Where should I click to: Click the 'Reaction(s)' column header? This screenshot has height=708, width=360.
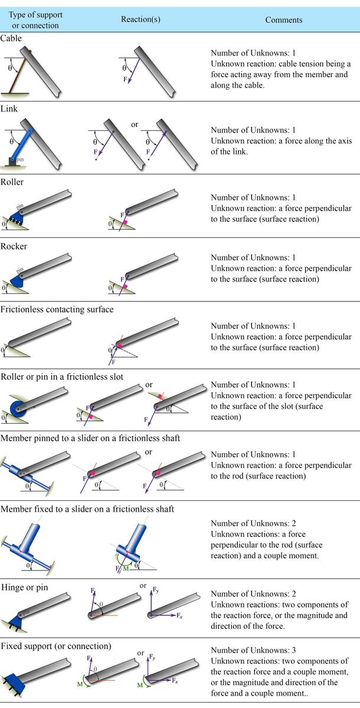[x=140, y=19]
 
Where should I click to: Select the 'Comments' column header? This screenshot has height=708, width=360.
[x=283, y=20]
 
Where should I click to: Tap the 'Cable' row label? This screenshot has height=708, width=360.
[x=11, y=38]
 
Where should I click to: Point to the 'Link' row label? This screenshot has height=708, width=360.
[x=9, y=109]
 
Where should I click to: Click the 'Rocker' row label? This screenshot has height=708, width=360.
[x=14, y=246]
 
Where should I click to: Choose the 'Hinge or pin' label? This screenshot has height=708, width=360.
[x=25, y=587]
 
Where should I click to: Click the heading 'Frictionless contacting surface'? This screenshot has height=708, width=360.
[x=57, y=309]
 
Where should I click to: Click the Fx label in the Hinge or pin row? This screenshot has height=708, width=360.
[x=179, y=616]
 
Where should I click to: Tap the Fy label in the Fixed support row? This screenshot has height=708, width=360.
[x=152, y=657]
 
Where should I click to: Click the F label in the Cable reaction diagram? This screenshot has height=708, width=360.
[x=125, y=79]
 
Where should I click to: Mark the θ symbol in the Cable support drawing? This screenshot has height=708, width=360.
[x=10, y=68]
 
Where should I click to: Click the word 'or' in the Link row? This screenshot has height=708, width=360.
[x=135, y=124]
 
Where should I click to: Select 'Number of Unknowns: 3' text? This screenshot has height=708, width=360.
[x=253, y=650]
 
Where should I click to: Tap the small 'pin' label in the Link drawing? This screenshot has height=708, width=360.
[x=20, y=160]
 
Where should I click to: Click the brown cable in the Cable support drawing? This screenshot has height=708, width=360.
[x=20, y=72]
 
